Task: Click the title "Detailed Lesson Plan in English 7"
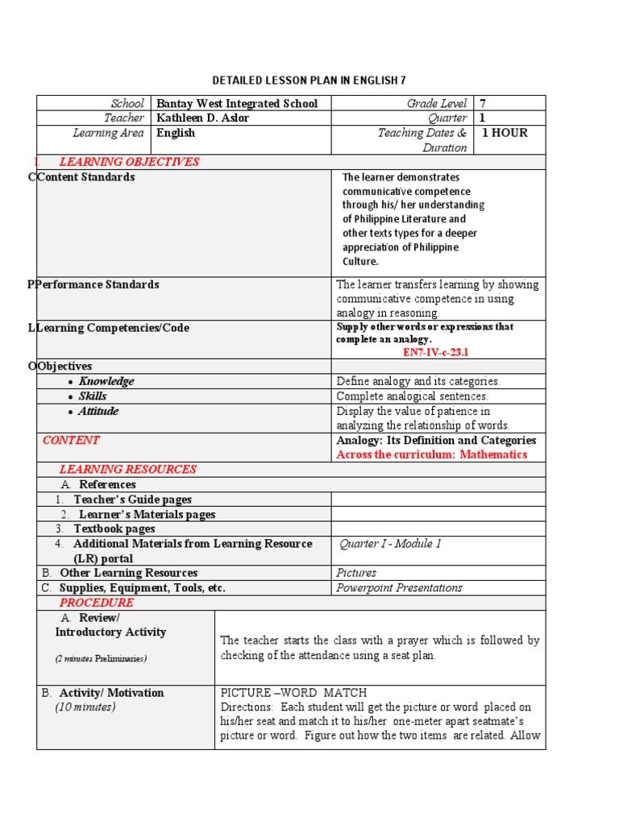pos(309,81)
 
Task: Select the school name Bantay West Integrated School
pos(237,103)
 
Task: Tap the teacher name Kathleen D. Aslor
pos(202,118)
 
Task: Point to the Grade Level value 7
pos(483,103)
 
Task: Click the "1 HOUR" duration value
pos(505,133)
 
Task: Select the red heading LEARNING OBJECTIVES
pos(129,162)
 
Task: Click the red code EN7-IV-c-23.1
pos(435,352)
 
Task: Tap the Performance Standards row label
pos(98,284)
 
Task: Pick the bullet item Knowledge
pos(106,381)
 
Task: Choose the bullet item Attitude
pos(98,411)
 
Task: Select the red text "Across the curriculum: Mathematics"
pos(431,454)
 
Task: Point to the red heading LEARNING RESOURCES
pos(127,469)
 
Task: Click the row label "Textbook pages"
pos(114,529)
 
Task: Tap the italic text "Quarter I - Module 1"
pos(390,544)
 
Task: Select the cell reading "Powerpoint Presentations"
pos(399,587)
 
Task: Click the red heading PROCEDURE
pos(96,603)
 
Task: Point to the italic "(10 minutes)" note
pos(85,707)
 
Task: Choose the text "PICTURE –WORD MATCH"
pos(293,693)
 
